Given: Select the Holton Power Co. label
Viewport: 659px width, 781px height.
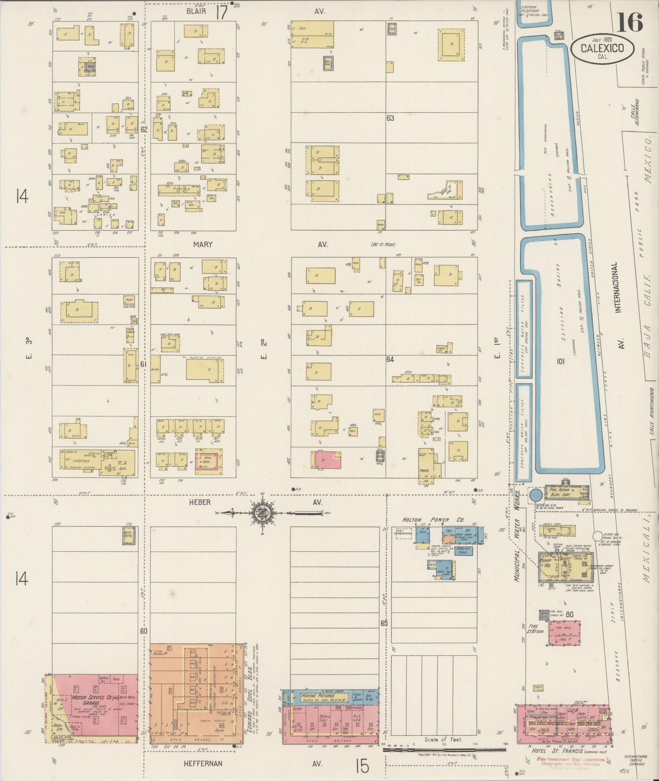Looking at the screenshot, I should click(426, 519).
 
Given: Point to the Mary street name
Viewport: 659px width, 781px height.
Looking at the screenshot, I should click(202, 245).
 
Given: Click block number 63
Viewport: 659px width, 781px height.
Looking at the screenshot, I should click(390, 118).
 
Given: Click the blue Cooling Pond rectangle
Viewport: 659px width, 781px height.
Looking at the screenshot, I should click(463, 550).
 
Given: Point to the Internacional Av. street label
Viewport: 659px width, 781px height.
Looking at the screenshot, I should click(618, 287).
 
